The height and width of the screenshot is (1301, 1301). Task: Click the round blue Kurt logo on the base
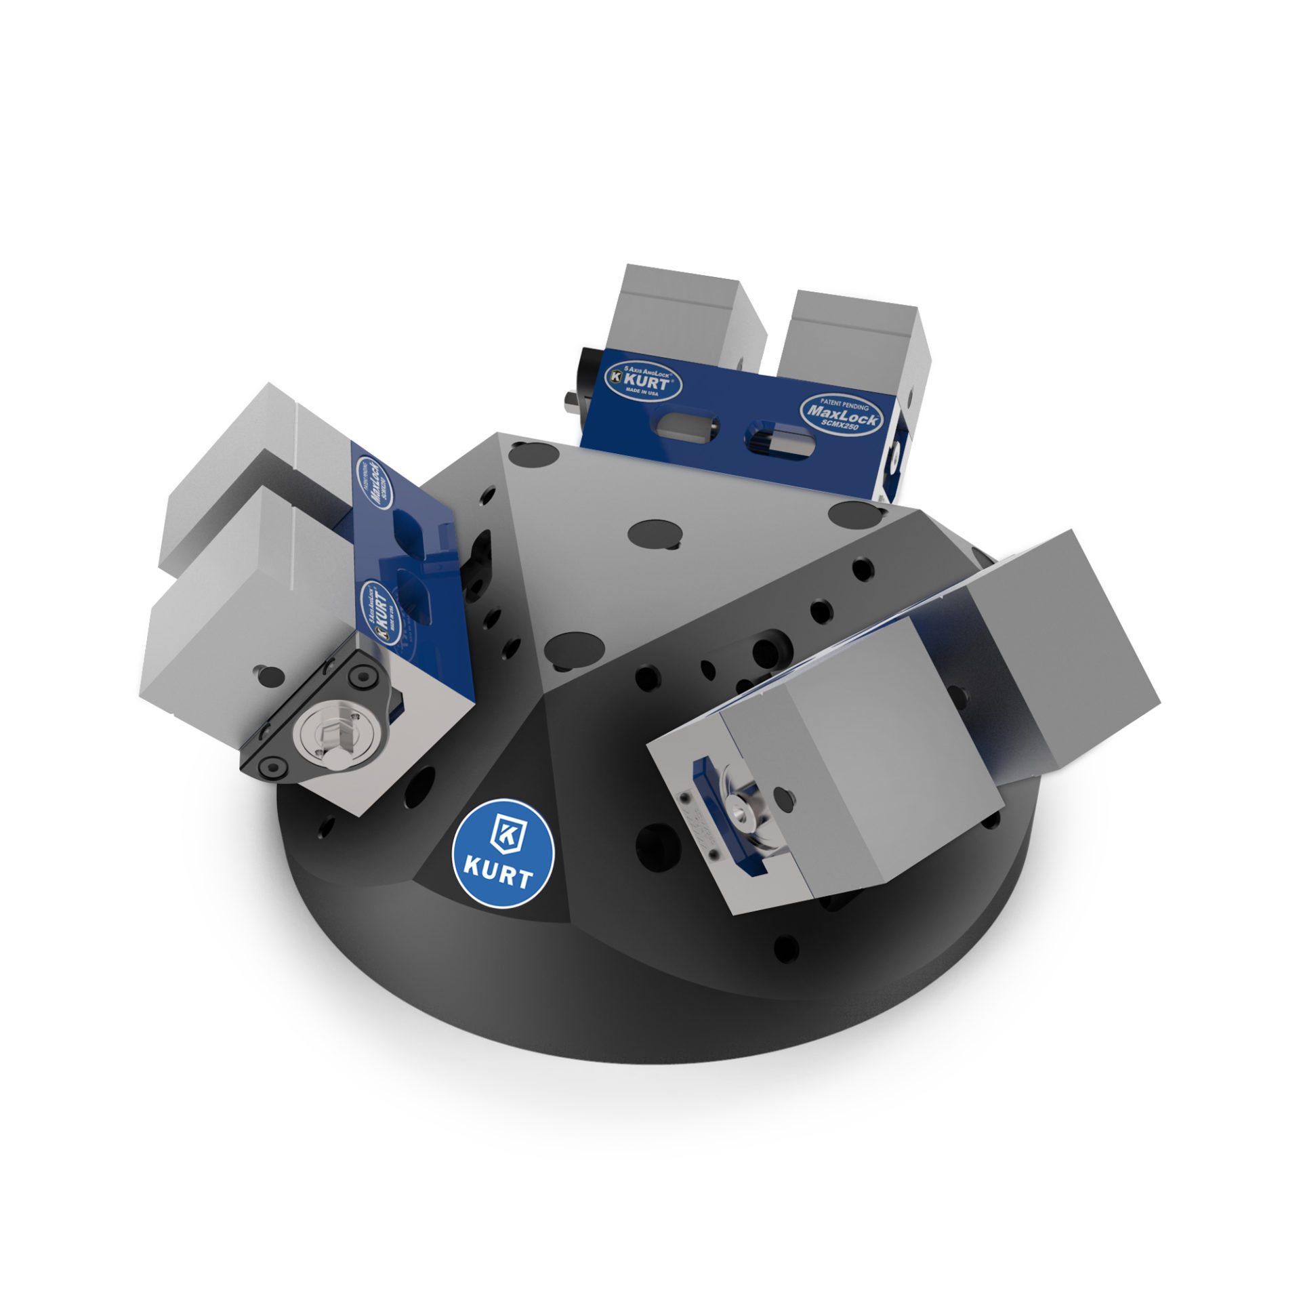(x=503, y=852)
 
